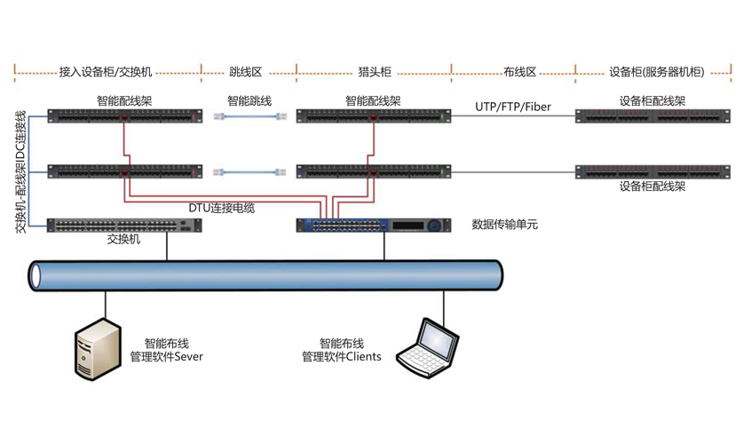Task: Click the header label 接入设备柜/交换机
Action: coord(106,71)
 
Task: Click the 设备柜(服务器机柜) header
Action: coord(657,71)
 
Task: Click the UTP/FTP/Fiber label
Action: coord(512,107)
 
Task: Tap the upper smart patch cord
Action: coord(253,116)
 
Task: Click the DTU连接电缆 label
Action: coord(221,208)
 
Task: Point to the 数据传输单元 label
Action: coord(504,226)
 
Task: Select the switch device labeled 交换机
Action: coord(125,225)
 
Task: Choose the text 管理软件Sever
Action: coord(167,357)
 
